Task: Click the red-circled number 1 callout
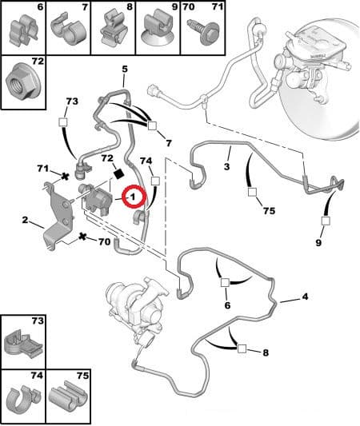coord(134,197)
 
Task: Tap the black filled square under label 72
coord(118,173)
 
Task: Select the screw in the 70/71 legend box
coord(204,31)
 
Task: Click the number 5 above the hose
coord(125,69)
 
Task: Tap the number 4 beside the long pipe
coord(305,297)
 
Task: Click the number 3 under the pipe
coord(227,166)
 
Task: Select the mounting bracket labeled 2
coord(58,216)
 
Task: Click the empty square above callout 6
coord(225,283)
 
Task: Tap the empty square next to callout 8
coord(242,348)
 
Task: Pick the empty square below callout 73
coord(63,122)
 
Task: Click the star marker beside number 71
coord(65,177)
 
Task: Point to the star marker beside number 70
coord(82,237)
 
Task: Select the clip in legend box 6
coord(24,30)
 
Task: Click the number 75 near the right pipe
coord(269,211)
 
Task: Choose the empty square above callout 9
coord(326,221)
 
